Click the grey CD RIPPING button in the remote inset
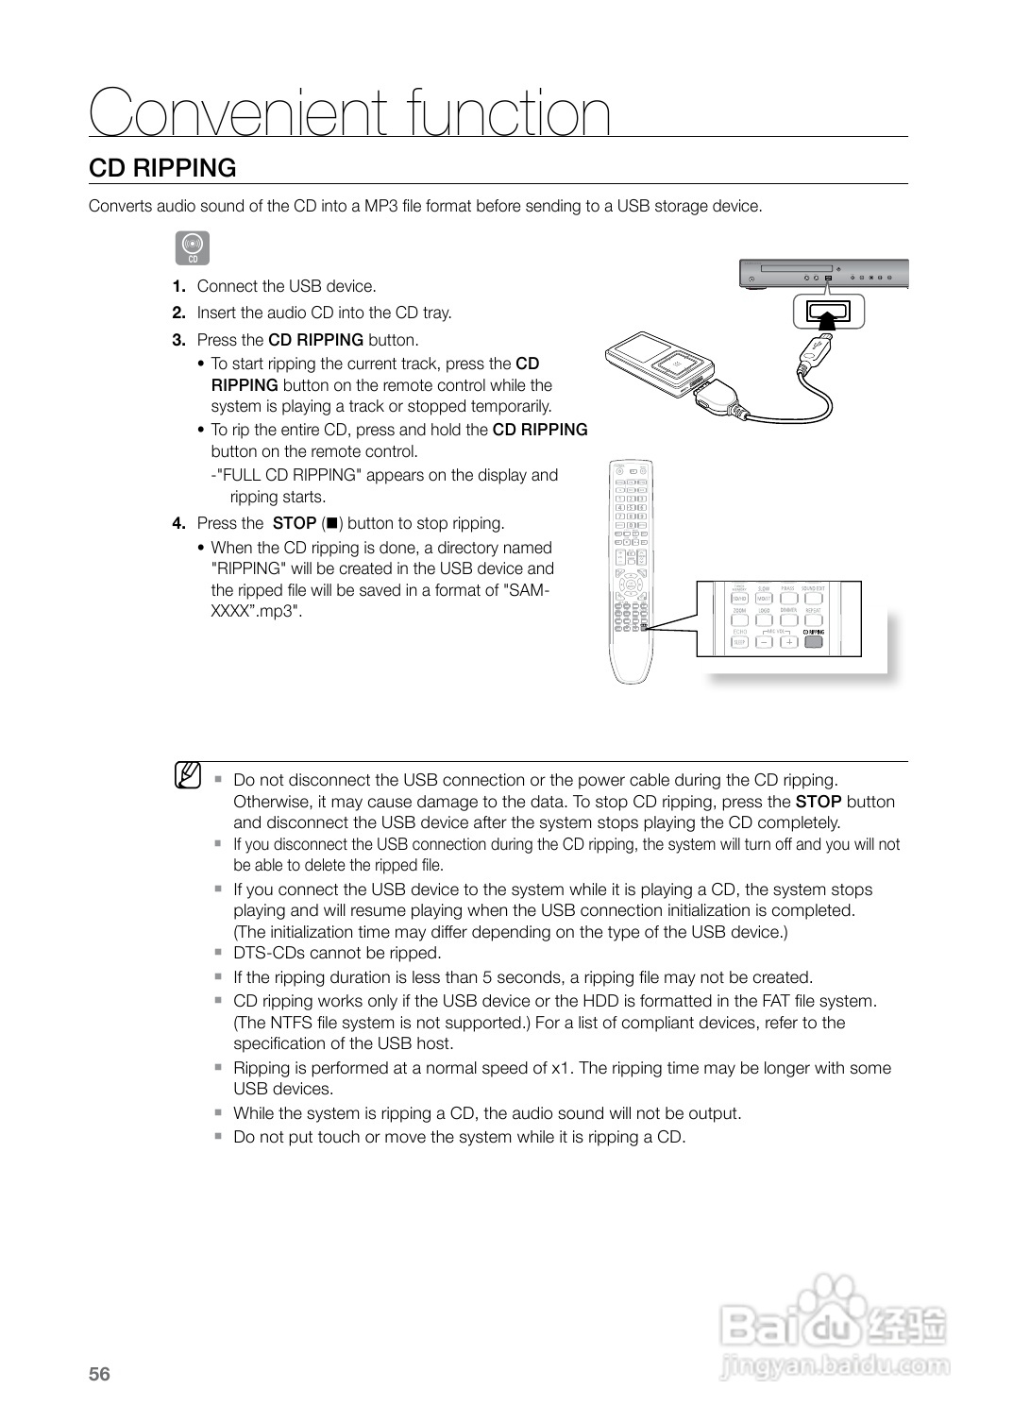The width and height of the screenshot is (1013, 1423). click(813, 642)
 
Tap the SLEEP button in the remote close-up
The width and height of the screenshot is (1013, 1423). click(739, 642)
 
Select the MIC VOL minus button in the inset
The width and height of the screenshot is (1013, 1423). click(764, 642)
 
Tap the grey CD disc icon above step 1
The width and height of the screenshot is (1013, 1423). click(193, 247)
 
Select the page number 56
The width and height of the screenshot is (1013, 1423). click(99, 1374)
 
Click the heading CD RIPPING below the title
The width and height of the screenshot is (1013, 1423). click(162, 168)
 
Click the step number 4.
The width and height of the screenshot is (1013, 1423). click(178, 523)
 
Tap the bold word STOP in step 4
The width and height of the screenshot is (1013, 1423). click(294, 523)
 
